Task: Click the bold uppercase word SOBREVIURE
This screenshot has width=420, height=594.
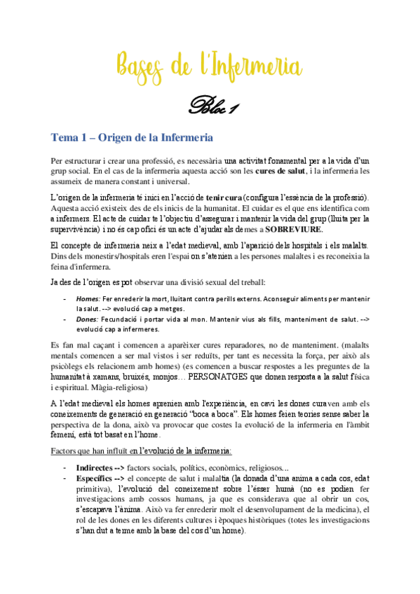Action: (294, 229)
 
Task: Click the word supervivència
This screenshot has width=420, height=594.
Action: (80, 229)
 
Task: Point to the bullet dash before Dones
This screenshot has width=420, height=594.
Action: (65, 319)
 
